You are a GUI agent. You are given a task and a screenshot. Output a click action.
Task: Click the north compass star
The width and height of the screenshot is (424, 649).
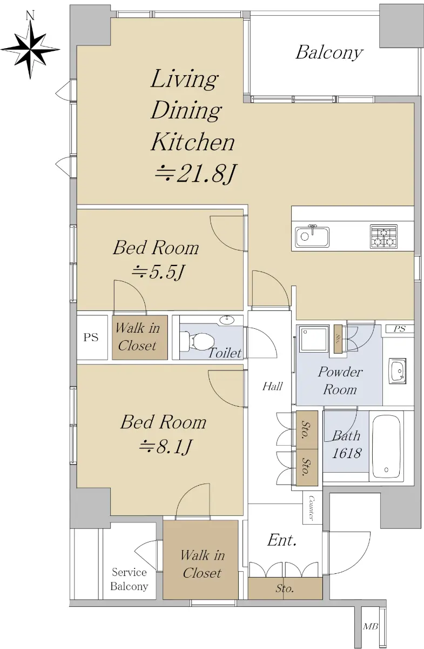coord(30,49)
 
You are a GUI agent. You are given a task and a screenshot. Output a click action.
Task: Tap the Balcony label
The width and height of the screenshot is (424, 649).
coord(329,54)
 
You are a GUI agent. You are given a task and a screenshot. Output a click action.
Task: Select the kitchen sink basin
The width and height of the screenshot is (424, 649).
coord(312,237)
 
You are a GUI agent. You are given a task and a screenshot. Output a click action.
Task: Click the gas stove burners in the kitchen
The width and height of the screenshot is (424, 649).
coord(383,236)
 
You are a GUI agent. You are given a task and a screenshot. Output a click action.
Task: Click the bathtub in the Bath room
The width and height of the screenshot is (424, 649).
coord(386,448)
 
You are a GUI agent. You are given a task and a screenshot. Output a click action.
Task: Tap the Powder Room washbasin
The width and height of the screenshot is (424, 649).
coord(398,371)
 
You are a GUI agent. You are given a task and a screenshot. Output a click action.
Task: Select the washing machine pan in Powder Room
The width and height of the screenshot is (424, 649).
coord(314,339)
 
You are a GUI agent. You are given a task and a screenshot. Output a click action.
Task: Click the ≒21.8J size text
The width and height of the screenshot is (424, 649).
coord(196,174)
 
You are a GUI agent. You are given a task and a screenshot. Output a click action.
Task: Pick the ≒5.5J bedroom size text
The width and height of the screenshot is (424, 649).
coord(158,272)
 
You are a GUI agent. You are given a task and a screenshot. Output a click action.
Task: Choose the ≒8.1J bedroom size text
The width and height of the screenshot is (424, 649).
coord(165,447)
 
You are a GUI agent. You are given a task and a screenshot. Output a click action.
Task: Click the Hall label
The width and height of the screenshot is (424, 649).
coord(272,386)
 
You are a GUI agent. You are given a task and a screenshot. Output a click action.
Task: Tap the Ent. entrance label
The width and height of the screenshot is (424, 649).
coord(281,540)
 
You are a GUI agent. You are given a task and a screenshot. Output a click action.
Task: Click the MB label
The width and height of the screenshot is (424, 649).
coord(371,626)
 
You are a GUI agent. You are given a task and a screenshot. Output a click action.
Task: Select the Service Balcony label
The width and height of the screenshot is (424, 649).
coord(129,579)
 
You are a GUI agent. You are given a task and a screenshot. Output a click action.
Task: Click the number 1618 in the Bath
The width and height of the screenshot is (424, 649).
coord(346,453)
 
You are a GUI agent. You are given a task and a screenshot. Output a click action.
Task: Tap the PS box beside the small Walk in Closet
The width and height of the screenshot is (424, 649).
coord(92,337)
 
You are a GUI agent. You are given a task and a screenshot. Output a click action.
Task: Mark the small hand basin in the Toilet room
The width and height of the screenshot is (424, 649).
coord(227,320)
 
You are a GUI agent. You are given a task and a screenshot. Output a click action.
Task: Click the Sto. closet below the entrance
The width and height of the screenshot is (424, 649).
coord(285,588)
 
